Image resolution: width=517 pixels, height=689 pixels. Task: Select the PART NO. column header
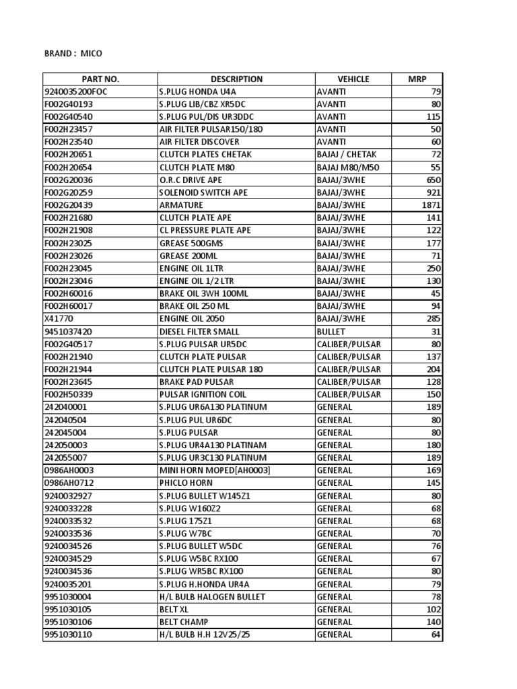pyautogui.click(x=100, y=79)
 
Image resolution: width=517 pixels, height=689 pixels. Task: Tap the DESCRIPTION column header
pyautogui.click(x=236, y=79)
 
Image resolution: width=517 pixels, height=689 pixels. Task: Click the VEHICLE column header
pyautogui.click(x=353, y=79)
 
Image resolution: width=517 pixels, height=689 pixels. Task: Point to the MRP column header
pyautogui.click(x=417, y=79)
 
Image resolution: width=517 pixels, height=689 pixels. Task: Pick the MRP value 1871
pyautogui.click(x=431, y=205)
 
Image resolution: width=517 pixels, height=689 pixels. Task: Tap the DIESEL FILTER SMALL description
pyautogui.click(x=199, y=332)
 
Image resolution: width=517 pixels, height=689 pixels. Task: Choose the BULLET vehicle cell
pyautogui.click(x=331, y=332)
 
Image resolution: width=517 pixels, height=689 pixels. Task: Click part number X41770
pyautogui.click(x=59, y=319)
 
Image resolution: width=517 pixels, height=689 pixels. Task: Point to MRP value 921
pyautogui.click(x=434, y=192)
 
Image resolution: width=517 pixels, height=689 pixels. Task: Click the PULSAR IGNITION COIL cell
pyautogui.click(x=203, y=394)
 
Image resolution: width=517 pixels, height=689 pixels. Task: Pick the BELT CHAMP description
pyautogui.click(x=184, y=622)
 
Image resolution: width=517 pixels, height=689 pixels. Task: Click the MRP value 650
pyautogui.click(x=434, y=180)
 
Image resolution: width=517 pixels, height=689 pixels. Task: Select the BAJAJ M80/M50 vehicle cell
pyautogui.click(x=347, y=167)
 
